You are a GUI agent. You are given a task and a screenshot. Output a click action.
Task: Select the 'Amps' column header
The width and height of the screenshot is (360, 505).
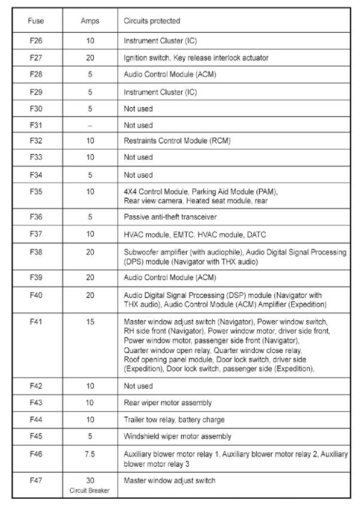[90, 21]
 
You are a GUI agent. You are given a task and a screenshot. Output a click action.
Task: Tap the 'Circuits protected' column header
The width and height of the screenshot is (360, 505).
[151, 21]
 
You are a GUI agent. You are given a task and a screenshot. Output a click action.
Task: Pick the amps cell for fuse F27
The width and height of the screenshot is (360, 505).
[90, 58]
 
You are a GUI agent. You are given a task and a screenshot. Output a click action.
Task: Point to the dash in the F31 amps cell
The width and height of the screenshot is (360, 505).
[90, 126]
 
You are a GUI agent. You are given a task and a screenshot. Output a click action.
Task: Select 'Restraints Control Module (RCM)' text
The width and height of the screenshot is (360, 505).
[176, 141]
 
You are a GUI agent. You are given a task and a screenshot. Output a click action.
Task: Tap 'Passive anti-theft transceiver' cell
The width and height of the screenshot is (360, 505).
[170, 217]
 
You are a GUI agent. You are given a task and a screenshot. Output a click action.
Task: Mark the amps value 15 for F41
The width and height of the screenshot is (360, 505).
[90, 322]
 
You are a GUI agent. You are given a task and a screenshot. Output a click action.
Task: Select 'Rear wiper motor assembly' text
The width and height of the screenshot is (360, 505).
[167, 403]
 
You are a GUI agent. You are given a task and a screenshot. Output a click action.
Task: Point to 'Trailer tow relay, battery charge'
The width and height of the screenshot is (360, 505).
[174, 420]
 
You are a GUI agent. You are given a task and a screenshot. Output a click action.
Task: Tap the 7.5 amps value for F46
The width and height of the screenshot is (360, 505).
[90, 455]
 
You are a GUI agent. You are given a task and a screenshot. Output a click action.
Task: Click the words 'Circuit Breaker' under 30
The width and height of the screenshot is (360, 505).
[90, 489]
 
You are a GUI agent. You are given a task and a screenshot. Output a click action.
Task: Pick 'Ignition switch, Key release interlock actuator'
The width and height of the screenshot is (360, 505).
[196, 58]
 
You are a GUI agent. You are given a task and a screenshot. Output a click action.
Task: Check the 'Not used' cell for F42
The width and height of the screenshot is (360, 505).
[138, 386]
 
